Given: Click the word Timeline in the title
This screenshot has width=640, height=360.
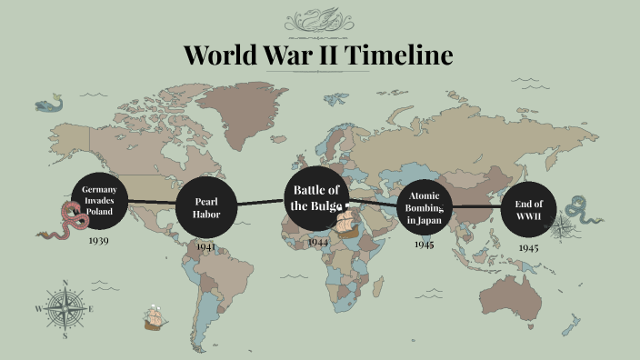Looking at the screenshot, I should click(396, 55).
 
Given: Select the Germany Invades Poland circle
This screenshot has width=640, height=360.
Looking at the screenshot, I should click(99, 201).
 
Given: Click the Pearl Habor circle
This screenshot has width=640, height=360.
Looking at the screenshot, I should click(206, 208).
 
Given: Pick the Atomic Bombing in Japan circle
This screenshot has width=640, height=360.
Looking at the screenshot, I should click(424, 208).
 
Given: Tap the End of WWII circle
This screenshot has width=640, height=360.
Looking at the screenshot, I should click(528, 210).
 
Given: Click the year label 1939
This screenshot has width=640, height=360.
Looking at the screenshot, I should click(99, 242).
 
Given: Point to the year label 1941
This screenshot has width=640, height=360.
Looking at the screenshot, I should click(206, 246).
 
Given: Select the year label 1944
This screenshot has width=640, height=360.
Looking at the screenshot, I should click(317, 242).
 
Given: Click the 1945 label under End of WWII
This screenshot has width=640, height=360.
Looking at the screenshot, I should click(528, 247).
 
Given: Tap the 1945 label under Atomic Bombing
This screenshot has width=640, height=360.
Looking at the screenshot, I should click(424, 245).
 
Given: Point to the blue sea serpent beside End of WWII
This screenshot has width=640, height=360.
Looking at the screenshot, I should click(580, 211).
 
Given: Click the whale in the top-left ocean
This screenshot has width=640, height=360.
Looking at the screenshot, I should click(49, 105).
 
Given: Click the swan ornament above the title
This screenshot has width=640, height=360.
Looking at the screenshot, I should click(319, 17).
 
